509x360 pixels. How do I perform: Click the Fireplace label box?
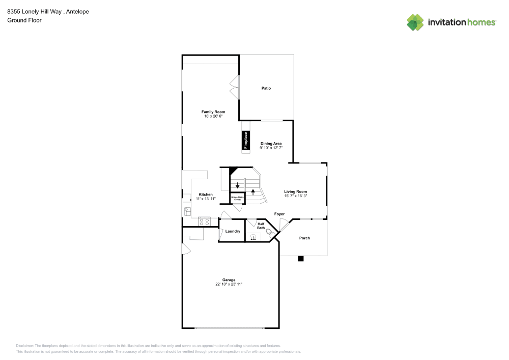point(245,141)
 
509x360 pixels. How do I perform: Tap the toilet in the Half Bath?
point(270,233)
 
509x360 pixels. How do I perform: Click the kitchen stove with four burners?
point(205,221)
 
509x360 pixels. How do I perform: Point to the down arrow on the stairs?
point(237,185)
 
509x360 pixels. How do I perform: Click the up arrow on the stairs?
point(253,193)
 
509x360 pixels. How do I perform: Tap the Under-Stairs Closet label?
point(238,198)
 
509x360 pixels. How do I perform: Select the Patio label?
point(266,88)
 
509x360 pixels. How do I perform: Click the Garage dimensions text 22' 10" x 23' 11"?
point(229,284)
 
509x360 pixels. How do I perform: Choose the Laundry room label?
point(233,232)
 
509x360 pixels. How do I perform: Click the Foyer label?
point(279,214)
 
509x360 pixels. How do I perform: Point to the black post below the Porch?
point(301,259)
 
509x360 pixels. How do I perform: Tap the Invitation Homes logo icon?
point(415,22)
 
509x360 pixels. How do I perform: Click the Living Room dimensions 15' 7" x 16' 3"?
point(295,196)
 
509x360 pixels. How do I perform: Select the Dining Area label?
point(271,144)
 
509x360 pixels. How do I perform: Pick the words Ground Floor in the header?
point(24,20)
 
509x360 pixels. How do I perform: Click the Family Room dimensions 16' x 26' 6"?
point(213,116)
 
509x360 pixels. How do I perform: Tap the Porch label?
point(304,238)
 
